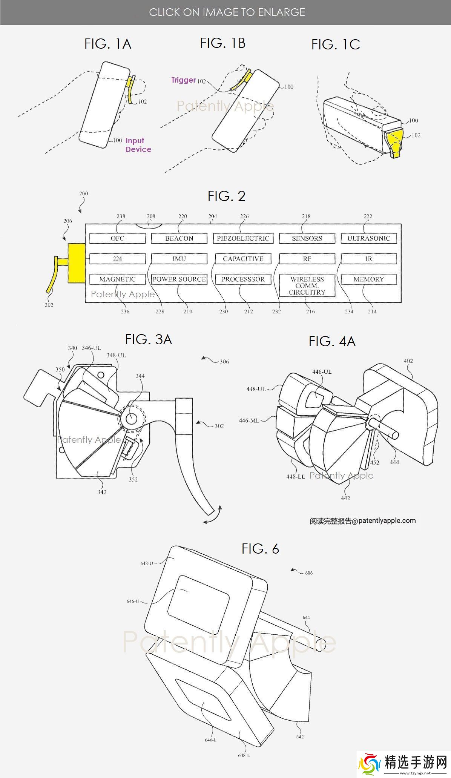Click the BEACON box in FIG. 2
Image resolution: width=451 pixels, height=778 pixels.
click(x=179, y=238)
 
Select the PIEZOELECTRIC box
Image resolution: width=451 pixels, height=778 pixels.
click(x=243, y=238)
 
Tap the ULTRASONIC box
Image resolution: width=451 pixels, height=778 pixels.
click(x=368, y=238)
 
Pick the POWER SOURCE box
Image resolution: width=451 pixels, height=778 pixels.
click(x=179, y=279)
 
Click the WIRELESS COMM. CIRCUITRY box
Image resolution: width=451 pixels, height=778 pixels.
click(x=307, y=285)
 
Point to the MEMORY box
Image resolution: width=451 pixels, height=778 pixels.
click(x=368, y=279)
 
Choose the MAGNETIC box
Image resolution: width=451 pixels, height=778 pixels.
click(x=117, y=279)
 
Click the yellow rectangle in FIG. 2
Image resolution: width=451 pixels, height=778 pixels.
click(x=77, y=263)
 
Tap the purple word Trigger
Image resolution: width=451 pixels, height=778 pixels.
click(x=183, y=80)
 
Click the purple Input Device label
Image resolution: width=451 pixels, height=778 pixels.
click(x=138, y=145)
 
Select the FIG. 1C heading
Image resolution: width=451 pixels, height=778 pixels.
click(x=335, y=45)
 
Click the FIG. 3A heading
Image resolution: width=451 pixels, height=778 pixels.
click(x=148, y=339)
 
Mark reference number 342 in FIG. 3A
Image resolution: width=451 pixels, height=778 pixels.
click(x=102, y=492)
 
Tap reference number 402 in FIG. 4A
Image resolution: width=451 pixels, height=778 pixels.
click(x=408, y=361)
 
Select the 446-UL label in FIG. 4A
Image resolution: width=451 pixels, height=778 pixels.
click(x=322, y=371)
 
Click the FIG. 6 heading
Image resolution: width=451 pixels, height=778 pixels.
click(x=260, y=549)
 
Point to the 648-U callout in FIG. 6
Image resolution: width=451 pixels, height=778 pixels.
click(x=146, y=563)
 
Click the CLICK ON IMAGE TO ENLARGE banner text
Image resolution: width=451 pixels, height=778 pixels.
click(x=227, y=12)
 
